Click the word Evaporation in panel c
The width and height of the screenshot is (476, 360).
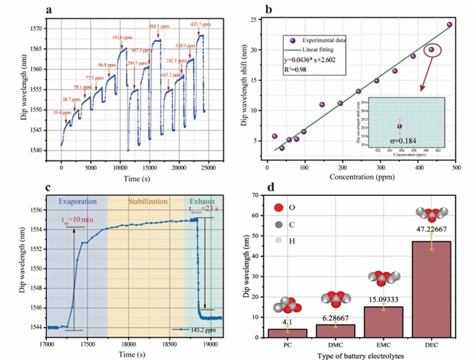click(x=77, y=200)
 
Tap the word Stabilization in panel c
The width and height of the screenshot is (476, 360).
click(x=147, y=200)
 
